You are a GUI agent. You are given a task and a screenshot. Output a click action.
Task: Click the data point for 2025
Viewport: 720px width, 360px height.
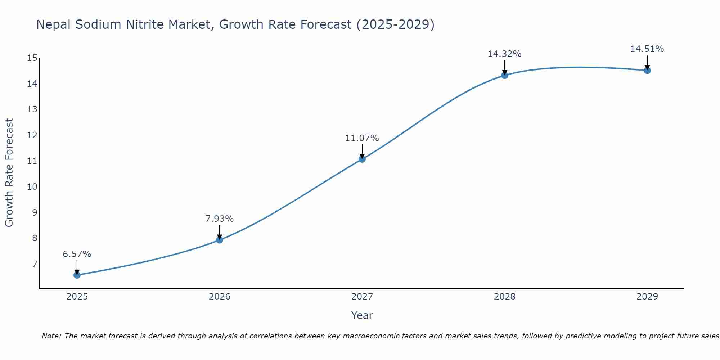(x=77, y=275)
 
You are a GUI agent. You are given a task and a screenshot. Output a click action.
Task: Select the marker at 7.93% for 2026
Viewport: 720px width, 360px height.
(x=220, y=240)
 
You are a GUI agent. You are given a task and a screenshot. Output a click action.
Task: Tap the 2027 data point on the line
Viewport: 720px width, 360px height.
(x=362, y=159)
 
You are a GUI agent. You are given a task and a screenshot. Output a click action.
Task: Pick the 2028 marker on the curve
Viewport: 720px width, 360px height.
(x=505, y=75)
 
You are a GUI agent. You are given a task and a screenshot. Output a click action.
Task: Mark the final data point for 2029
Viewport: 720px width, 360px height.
(x=647, y=70)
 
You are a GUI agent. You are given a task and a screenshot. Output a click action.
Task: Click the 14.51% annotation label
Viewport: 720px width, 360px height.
(x=647, y=49)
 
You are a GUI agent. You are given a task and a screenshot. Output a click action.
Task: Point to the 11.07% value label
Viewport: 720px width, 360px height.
(x=362, y=138)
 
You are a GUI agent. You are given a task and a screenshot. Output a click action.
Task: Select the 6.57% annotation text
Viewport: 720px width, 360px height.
(x=77, y=254)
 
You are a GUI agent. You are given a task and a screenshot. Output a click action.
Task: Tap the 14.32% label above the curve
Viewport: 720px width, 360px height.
(x=504, y=54)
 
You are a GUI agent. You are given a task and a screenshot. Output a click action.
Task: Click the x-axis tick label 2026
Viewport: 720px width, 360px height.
(x=220, y=297)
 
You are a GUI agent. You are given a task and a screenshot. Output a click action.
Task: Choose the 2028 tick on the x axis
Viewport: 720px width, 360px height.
(x=505, y=297)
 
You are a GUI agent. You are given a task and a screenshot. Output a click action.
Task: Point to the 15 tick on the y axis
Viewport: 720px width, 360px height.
(x=32, y=58)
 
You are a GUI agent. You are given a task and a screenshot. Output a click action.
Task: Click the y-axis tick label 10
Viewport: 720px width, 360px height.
(x=32, y=186)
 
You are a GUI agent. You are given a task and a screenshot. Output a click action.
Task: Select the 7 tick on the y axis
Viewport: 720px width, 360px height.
(x=35, y=264)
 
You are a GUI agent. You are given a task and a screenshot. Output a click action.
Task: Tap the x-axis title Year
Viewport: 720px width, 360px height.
(x=362, y=315)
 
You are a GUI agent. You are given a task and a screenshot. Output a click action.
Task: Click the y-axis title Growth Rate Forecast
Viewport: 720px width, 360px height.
(x=9, y=173)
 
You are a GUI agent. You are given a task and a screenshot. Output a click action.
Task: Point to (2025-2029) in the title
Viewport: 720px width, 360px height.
(x=395, y=24)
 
